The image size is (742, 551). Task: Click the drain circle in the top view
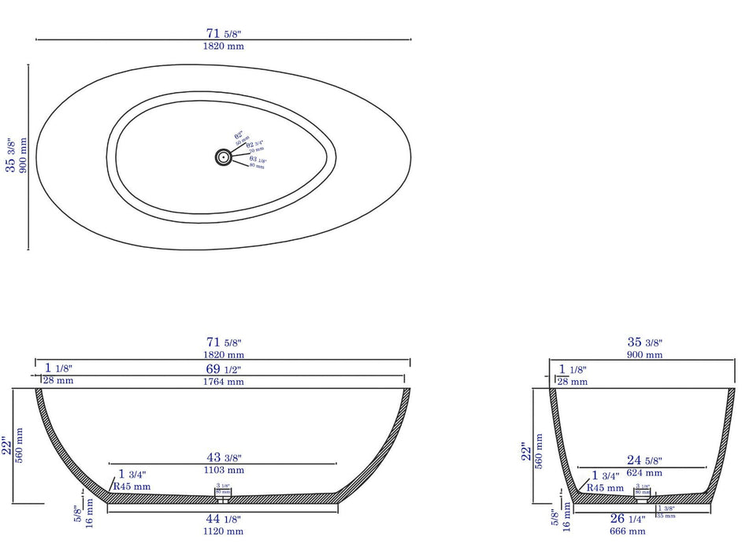click(224, 157)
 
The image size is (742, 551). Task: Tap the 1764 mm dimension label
click(224, 382)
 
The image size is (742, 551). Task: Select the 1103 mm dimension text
click(224, 470)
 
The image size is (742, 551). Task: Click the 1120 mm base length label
click(224, 531)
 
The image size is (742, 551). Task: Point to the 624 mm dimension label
click(644, 473)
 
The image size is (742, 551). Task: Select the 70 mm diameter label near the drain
click(257, 150)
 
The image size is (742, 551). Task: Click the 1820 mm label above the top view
click(224, 46)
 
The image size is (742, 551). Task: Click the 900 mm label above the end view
click(644, 355)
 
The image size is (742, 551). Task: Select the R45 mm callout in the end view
click(606, 488)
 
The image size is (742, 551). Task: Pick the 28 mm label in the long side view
click(58, 381)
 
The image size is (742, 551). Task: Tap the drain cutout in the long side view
click(224, 496)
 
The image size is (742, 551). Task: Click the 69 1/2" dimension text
click(224, 369)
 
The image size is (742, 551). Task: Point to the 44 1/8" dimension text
click(224, 520)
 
